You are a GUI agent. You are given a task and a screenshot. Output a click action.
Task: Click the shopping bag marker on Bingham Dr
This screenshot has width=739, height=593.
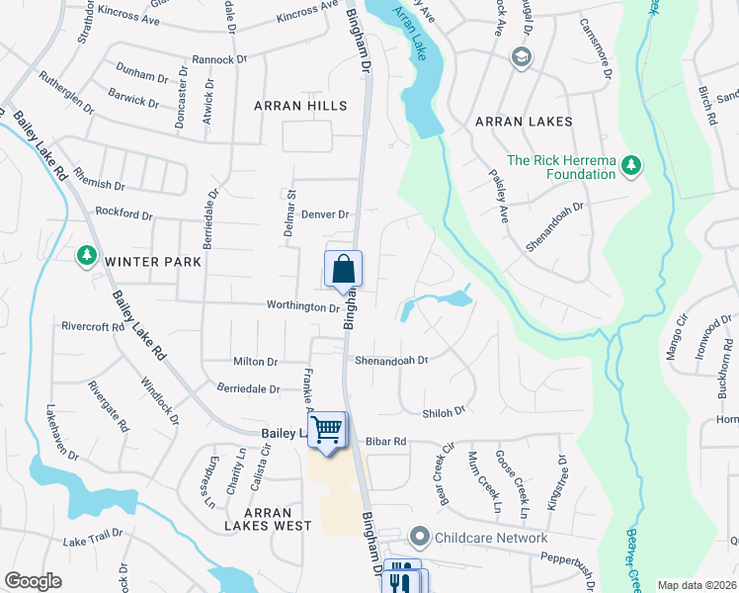343,269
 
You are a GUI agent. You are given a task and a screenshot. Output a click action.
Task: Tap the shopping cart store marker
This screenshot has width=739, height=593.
327,430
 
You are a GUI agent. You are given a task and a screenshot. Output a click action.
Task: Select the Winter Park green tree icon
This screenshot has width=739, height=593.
87,256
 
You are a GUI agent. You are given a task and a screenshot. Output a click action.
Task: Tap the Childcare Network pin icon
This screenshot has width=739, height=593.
419,538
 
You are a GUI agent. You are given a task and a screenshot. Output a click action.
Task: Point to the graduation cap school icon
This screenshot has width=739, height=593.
520,57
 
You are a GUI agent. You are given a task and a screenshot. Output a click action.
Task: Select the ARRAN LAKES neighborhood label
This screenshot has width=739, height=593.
524,122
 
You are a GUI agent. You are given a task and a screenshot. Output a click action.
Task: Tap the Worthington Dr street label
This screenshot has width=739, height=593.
302,307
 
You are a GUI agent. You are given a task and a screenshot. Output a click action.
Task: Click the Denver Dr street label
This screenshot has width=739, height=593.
326,214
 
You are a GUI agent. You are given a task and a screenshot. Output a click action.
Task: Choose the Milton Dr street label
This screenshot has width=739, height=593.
256,363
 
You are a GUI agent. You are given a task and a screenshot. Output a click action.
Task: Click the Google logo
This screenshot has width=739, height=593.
33,581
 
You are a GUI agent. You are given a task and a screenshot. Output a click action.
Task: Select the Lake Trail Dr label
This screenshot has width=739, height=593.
93,538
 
